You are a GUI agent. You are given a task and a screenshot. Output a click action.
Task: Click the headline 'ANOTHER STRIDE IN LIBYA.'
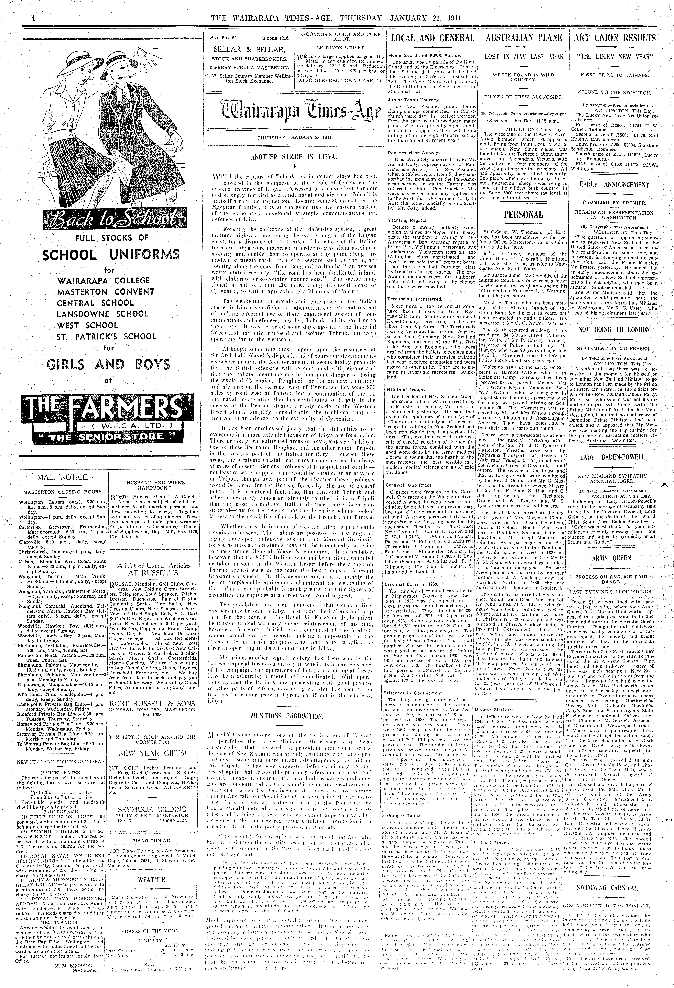coord(294,156)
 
